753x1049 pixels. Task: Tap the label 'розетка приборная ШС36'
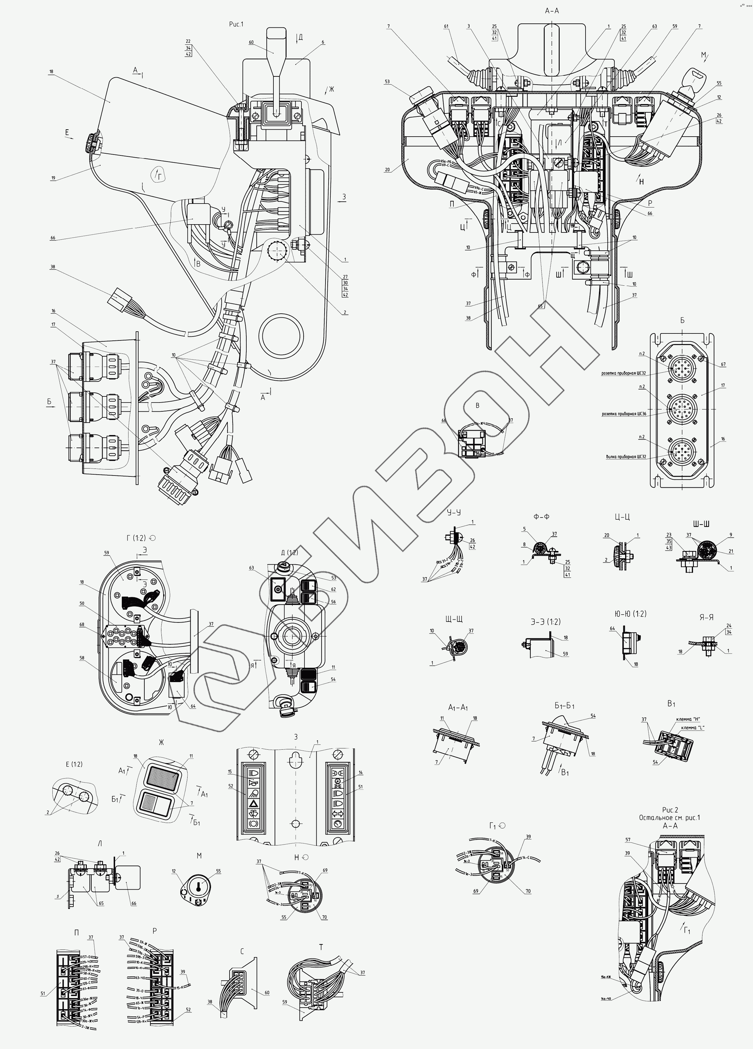624,414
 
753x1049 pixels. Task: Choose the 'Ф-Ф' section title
541,517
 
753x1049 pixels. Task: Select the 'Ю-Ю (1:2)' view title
628,614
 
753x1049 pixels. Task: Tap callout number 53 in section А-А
387,82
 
